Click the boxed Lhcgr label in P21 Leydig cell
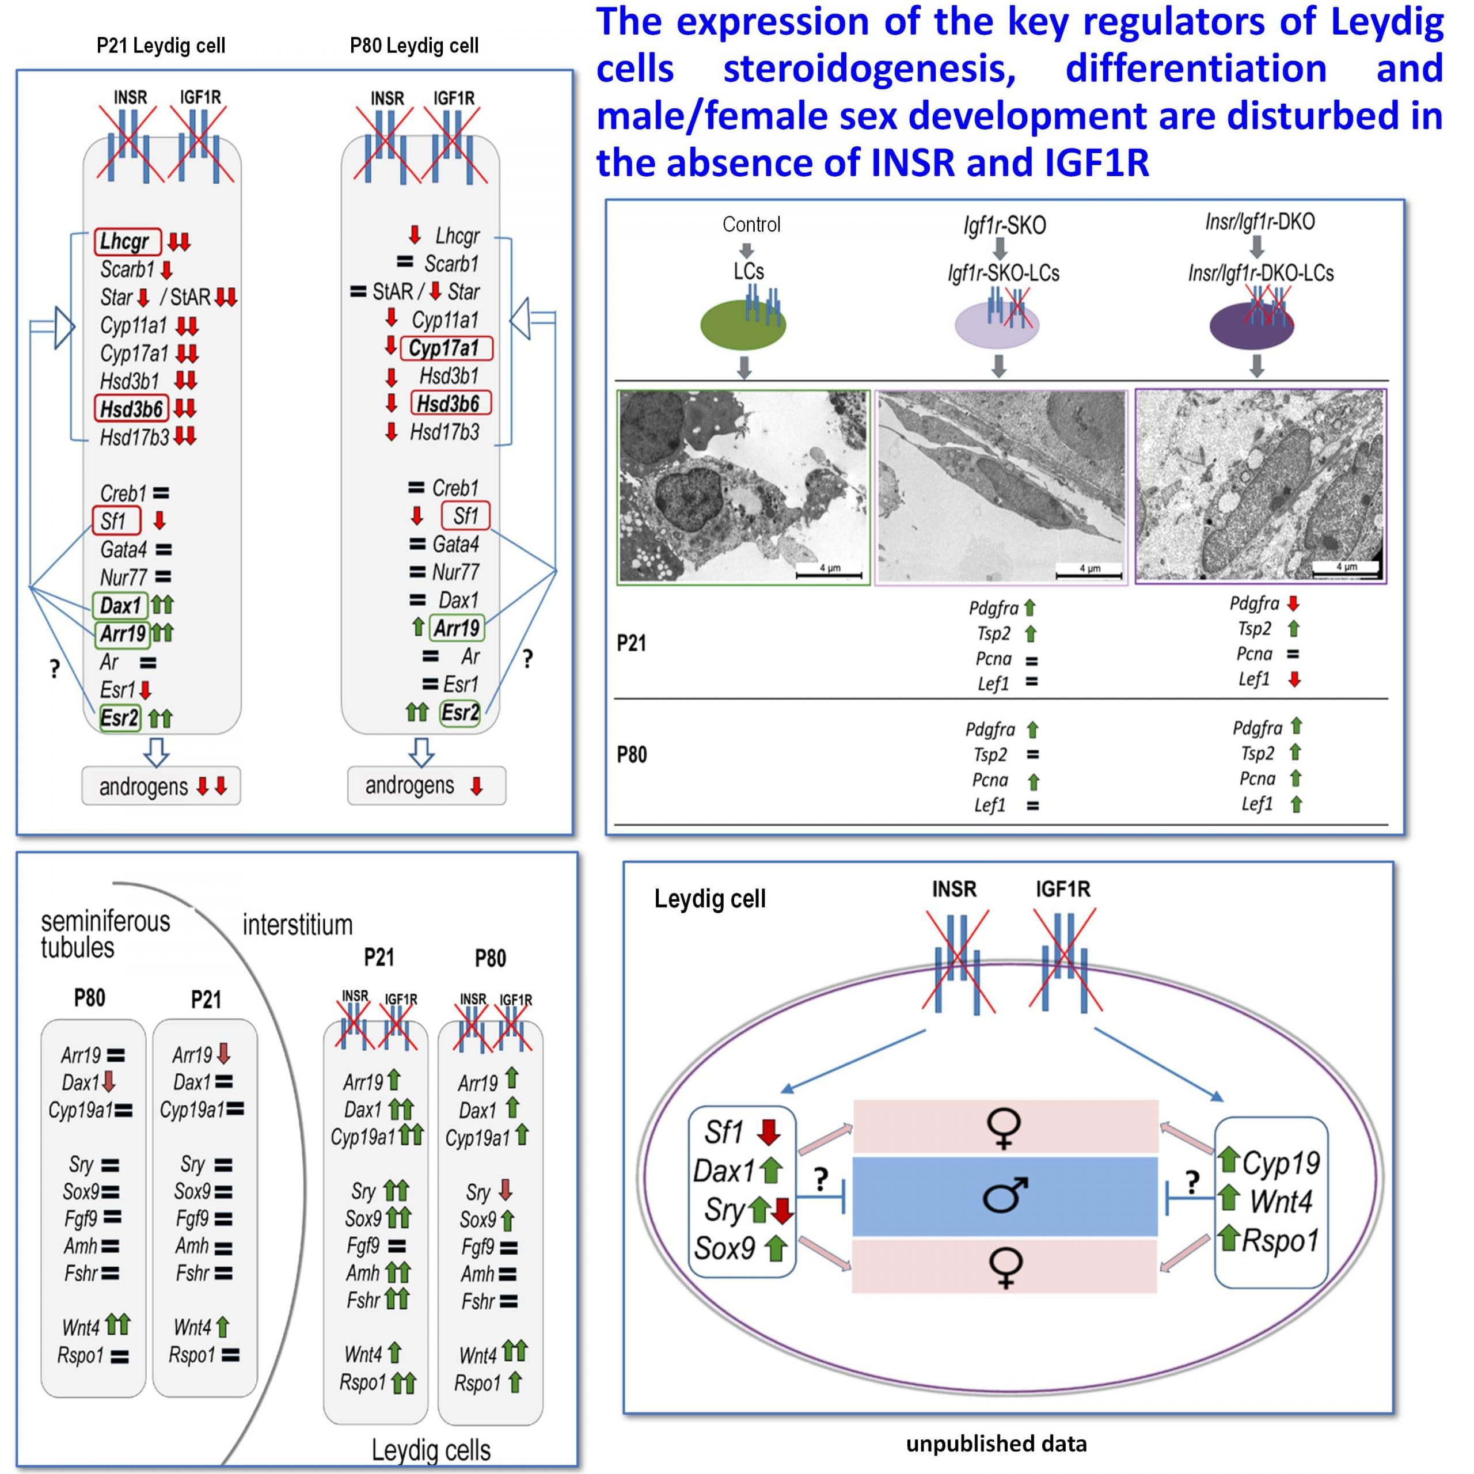(127, 241)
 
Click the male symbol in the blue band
(1005, 1195)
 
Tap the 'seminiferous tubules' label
(105, 934)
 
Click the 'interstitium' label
(298, 925)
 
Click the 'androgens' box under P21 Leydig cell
(161, 786)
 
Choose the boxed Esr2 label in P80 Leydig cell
(460, 713)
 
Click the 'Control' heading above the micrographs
(751, 225)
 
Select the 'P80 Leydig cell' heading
(415, 46)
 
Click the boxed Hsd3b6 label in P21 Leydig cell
(131, 409)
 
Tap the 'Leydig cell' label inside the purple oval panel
(709, 899)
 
